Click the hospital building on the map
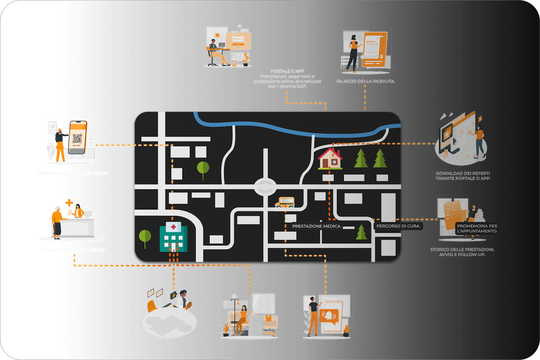coord(173,237)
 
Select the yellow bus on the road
coord(284,202)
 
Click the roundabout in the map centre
coord(265,187)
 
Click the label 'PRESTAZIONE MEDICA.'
coord(317,227)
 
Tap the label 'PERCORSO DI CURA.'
coord(398,227)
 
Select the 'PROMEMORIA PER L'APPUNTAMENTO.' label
coord(477,228)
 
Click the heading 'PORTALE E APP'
coord(287,71)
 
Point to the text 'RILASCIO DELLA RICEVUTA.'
coord(366,81)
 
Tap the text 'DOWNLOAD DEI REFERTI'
coord(462,173)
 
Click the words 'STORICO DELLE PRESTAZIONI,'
coord(463,249)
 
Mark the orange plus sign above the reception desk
coord(69,203)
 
